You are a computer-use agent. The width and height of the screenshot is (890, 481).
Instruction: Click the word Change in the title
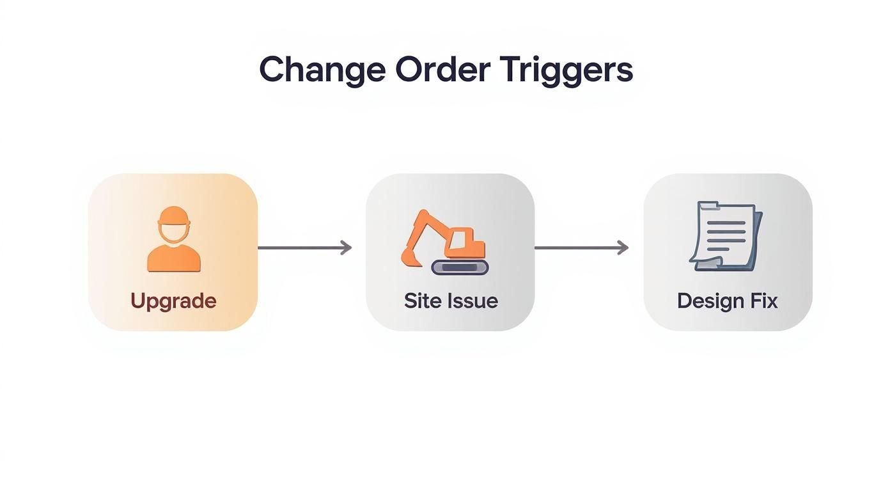click(322, 70)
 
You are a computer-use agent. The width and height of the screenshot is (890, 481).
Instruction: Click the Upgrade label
click(173, 301)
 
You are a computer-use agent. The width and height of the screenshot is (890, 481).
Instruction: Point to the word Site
click(419, 301)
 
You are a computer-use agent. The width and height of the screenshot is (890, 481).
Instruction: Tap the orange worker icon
click(174, 239)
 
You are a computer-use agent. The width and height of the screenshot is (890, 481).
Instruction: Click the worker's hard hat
click(174, 216)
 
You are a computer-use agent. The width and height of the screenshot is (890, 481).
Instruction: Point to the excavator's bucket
click(410, 256)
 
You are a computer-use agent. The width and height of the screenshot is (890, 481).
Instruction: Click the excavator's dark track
click(460, 267)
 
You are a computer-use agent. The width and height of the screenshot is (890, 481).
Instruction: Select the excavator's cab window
click(459, 240)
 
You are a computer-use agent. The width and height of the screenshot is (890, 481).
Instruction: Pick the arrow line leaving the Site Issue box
click(575, 248)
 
